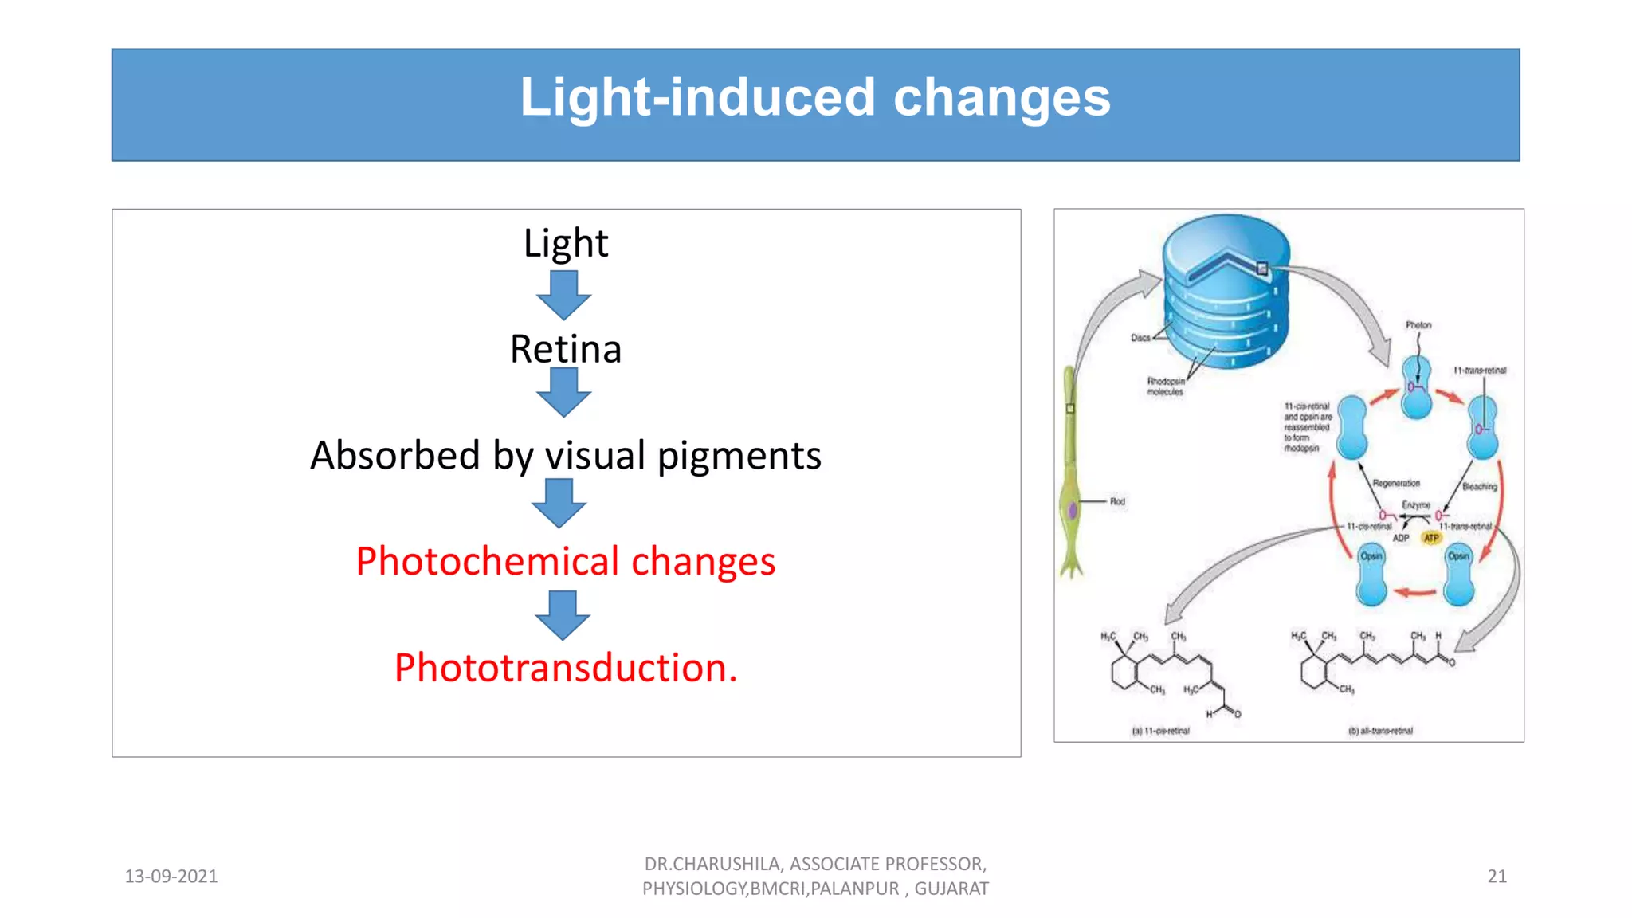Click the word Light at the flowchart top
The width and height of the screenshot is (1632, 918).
click(565, 243)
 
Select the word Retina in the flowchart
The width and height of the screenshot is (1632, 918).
click(565, 349)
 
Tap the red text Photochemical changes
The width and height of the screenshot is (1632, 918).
click(565, 561)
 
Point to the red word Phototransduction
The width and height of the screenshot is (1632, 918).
click(565, 668)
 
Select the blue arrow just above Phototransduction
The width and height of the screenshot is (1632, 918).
click(563, 614)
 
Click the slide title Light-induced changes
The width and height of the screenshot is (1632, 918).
click(814, 97)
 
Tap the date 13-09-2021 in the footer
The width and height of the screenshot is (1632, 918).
click(171, 877)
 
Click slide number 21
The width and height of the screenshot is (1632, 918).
click(1497, 877)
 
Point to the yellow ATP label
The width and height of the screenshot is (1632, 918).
click(1431, 539)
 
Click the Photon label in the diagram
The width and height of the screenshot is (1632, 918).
click(1418, 325)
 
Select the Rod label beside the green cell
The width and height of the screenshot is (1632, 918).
click(1117, 502)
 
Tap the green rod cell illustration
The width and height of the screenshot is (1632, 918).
click(1072, 478)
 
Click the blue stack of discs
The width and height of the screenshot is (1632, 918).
click(1226, 295)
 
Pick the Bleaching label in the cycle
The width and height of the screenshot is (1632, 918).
click(1479, 487)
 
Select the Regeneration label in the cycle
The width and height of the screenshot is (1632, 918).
click(1396, 484)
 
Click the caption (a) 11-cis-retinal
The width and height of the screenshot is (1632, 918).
click(1160, 731)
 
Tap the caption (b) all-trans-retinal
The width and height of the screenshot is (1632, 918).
click(1380, 731)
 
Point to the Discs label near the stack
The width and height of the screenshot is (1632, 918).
click(1140, 338)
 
